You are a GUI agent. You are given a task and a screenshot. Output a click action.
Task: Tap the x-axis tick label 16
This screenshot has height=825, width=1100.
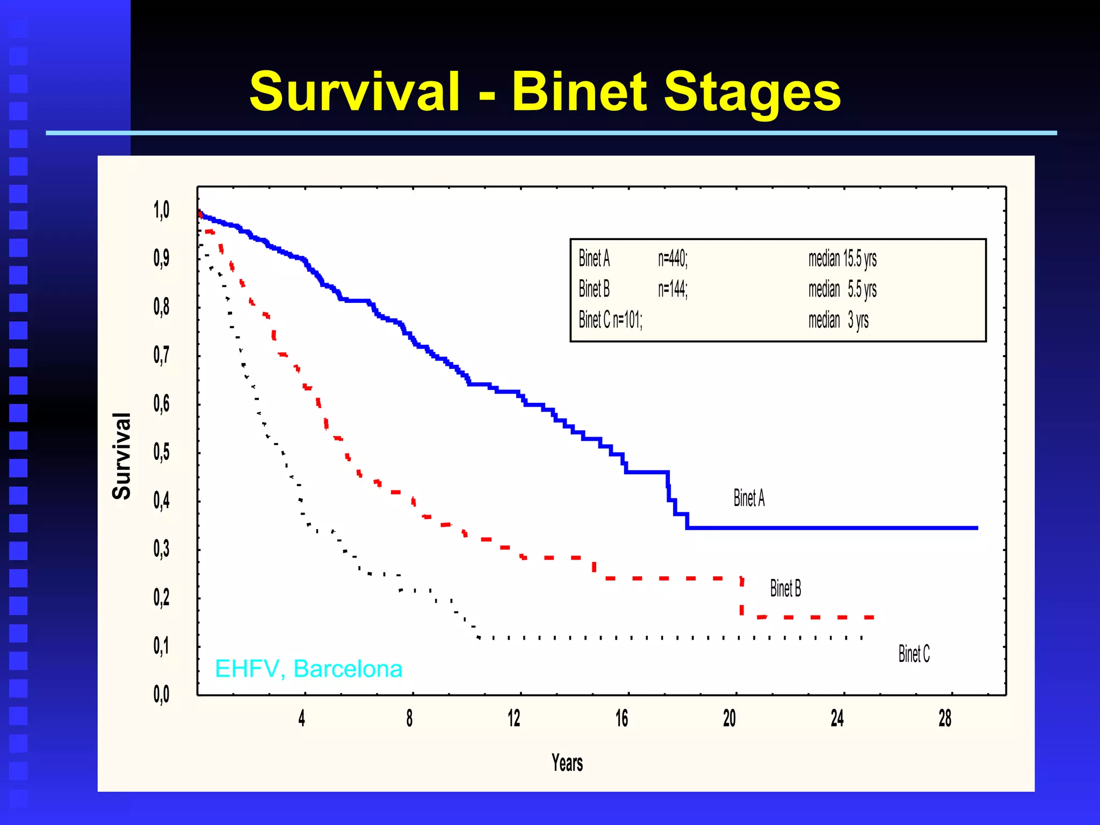[621, 719]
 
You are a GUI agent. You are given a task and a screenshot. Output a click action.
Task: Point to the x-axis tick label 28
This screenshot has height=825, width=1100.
[945, 719]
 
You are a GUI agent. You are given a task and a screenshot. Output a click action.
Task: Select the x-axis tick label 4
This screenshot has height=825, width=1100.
[302, 719]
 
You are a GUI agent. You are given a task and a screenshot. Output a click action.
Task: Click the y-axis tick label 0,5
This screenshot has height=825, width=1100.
[161, 452]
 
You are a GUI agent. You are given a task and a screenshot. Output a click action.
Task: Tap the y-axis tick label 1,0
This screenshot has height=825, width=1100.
[161, 210]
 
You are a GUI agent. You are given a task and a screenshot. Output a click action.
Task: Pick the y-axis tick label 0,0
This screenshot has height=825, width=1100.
[161, 694]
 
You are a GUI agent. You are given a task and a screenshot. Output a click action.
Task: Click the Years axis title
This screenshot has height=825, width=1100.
[567, 763]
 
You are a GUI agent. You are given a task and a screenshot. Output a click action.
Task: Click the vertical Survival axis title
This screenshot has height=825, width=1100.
[122, 456]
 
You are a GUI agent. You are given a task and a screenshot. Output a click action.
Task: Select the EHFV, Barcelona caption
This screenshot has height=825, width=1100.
[308, 669]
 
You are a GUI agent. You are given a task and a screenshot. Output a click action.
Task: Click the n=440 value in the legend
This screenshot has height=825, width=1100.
[672, 258]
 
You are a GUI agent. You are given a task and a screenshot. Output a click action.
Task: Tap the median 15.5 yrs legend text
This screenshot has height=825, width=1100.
[842, 258]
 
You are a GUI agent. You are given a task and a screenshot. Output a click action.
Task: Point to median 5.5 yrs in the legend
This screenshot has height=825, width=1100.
[842, 290]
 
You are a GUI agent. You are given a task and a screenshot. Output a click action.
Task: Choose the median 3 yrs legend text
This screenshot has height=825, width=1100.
[838, 321]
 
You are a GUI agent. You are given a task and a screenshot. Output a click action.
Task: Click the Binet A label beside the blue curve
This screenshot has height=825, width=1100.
[749, 498]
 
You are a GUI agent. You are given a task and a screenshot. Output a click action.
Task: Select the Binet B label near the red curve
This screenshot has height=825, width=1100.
[785, 589]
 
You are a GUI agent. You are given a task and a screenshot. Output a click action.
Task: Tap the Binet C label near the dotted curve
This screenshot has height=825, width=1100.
[914, 654]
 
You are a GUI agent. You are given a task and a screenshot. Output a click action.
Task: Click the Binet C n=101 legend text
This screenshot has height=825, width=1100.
[610, 320]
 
